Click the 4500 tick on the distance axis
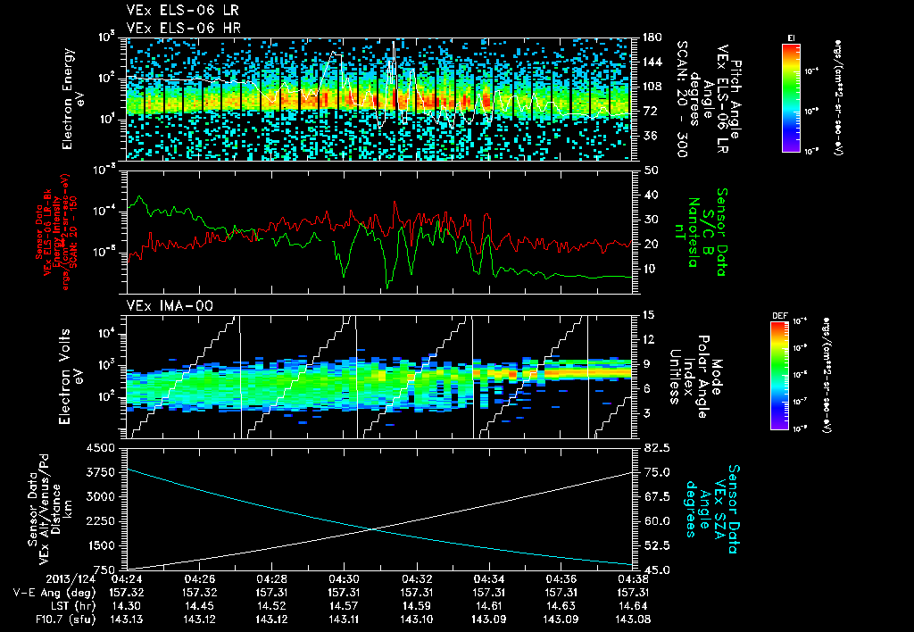tap(104, 447)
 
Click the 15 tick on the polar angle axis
tap(648, 314)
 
